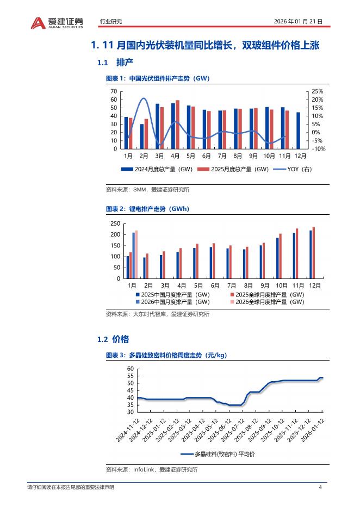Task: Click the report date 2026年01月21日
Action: point(299,22)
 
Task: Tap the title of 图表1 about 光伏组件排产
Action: point(157,78)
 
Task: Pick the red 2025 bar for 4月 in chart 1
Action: point(177,125)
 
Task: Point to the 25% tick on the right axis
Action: point(318,91)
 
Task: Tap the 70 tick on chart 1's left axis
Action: point(114,91)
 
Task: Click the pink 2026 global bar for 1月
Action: point(136,254)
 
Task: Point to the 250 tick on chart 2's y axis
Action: point(115,224)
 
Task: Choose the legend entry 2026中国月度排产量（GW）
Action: point(173,301)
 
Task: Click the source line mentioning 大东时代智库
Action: point(157,314)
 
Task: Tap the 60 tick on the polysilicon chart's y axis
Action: point(130,369)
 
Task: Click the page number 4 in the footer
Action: point(320,487)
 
